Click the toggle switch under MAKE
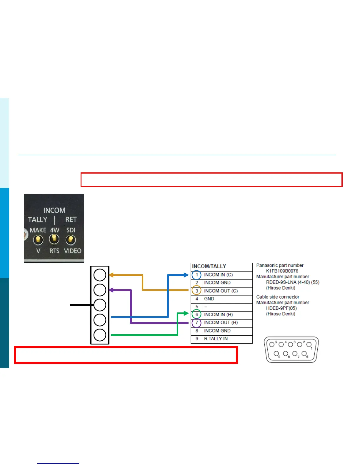[38, 240]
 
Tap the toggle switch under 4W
[54, 239]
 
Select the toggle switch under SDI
[70, 240]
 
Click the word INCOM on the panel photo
[54, 210]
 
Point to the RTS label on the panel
[54, 251]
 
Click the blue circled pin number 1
[197, 275]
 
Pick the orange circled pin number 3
[197, 291]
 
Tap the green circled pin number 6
[197, 314]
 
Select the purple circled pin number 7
[197, 323]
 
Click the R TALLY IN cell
[216, 339]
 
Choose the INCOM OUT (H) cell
[221, 322]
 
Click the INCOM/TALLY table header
[209, 266]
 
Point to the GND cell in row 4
[209, 299]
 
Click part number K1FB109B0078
[282, 271]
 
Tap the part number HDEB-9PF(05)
[281, 308]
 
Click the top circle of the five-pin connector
[100, 275]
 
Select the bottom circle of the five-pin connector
[100, 335]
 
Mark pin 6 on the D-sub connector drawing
[304, 353]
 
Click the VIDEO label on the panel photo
[73, 251]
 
